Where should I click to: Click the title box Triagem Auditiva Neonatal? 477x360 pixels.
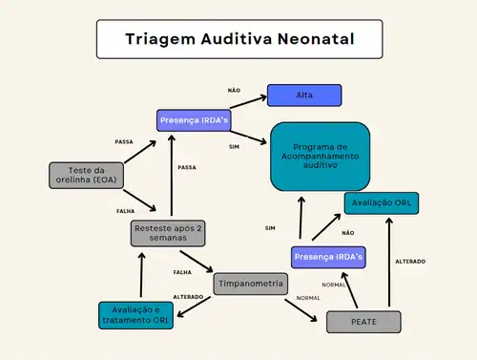click(x=239, y=40)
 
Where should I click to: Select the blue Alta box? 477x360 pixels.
click(x=303, y=95)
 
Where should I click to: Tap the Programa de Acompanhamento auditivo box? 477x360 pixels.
click(x=320, y=155)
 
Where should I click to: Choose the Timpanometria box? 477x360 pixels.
click(x=251, y=284)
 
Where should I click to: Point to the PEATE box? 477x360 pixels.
click(x=363, y=322)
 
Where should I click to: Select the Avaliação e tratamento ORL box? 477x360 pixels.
click(x=135, y=315)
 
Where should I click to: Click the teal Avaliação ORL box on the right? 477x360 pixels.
click(x=381, y=202)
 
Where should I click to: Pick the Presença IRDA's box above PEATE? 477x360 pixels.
click(x=329, y=257)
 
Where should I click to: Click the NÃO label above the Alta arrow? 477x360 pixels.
click(x=234, y=90)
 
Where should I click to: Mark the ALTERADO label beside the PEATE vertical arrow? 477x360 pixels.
click(x=409, y=261)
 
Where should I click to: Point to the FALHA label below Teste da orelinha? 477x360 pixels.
click(x=126, y=210)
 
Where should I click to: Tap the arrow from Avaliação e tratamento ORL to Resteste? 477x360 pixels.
click(x=142, y=274)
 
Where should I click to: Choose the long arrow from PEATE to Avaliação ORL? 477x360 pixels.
click(x=389, y=263)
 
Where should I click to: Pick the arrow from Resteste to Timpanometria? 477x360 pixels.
click(x=197, y=260)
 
